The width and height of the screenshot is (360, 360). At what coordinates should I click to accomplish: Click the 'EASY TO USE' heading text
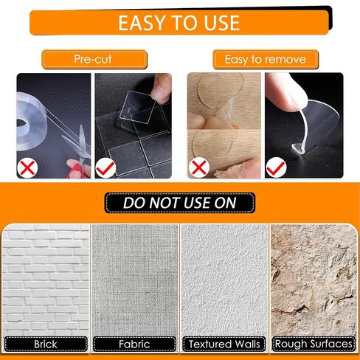click(x=179, y=23)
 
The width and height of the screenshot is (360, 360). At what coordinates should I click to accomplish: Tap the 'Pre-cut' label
click(x=93, y=59)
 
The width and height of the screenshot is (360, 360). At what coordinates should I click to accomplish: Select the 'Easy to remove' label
click(x=266, y=60)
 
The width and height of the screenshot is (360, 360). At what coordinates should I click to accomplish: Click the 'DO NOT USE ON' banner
click(x=180, y=203)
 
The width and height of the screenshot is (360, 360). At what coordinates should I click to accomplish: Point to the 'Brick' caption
click(x=46, y=344)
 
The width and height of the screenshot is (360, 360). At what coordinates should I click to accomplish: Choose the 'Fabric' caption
click(x=134, y=344)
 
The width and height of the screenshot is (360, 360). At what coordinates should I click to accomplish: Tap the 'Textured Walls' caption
click(x=224, y=344)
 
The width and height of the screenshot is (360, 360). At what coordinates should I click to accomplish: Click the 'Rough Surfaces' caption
click(x=314, y=344)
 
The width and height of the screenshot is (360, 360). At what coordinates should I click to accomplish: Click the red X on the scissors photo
click(x=27, y=167)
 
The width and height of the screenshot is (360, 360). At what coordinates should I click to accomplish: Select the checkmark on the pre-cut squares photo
click(x=105, y=167)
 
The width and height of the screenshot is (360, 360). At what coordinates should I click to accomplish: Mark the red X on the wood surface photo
click(x=198, y=167)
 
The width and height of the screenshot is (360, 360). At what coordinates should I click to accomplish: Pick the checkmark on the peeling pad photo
click(x=277, y=167)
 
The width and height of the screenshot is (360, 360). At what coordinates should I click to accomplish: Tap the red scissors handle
click(x=78, y=170)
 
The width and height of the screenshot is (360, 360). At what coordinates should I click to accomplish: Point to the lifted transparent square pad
click(x=138, y=108)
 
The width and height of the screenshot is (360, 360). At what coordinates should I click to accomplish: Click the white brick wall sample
click(x=46, y=280)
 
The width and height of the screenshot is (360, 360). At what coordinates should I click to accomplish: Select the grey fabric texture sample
click(x=135, y=280)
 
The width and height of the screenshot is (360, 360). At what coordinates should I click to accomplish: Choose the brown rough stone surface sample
click(x=314, y=280)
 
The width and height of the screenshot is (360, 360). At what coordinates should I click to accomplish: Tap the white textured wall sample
click(x=224, y=280)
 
